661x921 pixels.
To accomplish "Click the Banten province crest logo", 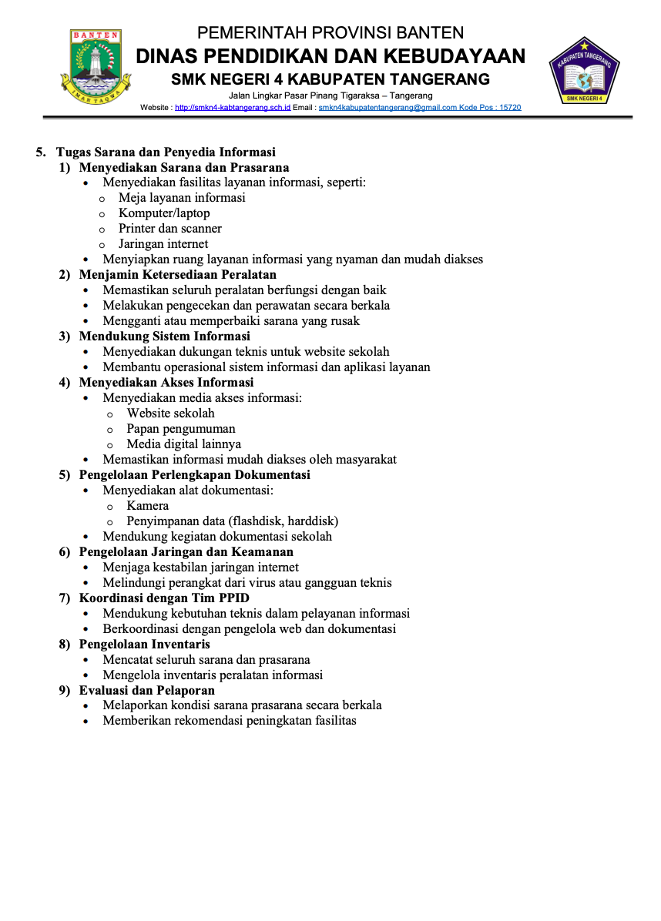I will pyautogui.click(x=96, y=67).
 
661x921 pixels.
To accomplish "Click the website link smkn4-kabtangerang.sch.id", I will pyautogui.click(x=233, y=108).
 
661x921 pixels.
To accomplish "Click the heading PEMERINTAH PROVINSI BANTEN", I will pyautogui.click(x=330, y=32).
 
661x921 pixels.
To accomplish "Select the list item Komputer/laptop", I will pyautogui.click(x=164, y=213).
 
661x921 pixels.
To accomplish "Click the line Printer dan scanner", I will pyautogui.click(x=170, y=229).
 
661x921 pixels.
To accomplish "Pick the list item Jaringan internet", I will pyautogui.click(x=163, y=244).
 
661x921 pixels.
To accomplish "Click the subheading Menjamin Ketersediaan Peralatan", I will pyautogui.click(x=177, y=275).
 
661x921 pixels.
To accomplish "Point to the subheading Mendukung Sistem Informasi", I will pyautogui.click(x=164, y=337).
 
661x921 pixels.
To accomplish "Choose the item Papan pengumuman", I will pyautogui.click(x=181, y=429).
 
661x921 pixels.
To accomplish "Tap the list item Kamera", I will pyautogui.click(x=148, y=506).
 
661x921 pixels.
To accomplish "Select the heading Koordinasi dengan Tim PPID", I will pyautogui.click(x=164, y=598).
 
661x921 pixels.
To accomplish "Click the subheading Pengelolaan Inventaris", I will pyautogui.click(x=144, y=645).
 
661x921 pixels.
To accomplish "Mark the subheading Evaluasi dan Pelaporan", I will pyautogui.click(x=146, y=691).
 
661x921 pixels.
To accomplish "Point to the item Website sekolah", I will pyautogui.click(x=171, y=414).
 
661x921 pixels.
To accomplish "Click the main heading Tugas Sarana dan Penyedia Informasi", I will pyautogui.click(x=166, y=152).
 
